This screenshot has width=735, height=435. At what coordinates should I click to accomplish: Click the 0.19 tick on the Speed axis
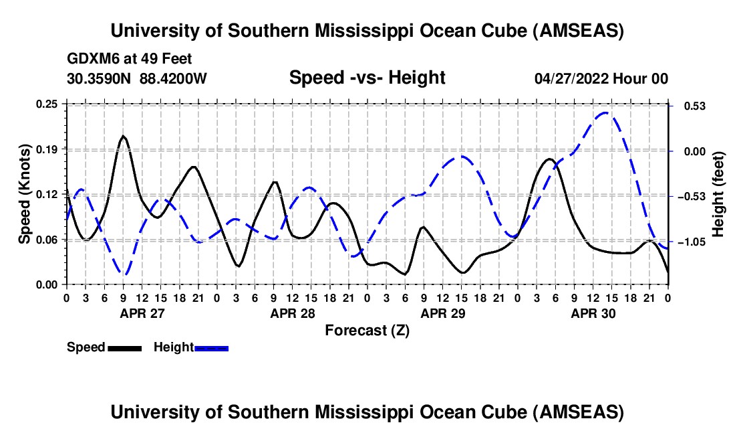51,149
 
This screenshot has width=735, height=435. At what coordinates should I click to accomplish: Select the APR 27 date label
142,313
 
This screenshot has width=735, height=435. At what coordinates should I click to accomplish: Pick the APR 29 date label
442,313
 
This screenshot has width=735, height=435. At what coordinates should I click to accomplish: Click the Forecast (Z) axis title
367,330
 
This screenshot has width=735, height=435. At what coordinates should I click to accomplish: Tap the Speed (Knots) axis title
25,193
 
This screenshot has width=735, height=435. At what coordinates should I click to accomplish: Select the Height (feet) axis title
718,193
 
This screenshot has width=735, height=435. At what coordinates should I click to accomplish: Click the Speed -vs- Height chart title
367,78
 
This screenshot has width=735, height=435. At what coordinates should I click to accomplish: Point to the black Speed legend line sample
124,348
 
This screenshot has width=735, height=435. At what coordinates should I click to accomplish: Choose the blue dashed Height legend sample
211,348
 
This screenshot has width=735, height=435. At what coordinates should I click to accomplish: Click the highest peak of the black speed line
124,136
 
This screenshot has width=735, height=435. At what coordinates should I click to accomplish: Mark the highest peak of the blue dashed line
605,113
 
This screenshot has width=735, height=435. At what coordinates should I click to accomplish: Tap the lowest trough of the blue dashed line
124,274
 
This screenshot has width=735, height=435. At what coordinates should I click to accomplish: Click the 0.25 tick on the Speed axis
51,104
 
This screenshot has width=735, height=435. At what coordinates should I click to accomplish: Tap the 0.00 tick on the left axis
51,284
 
